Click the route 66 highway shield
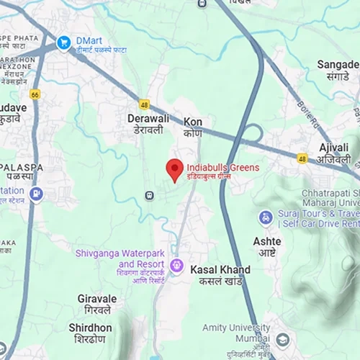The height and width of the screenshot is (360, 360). coord(35,94)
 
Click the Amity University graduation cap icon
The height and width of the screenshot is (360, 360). coord(282,339)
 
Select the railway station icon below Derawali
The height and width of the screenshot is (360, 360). coord(149,194)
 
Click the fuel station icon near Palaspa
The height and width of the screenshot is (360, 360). coord(35,194)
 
